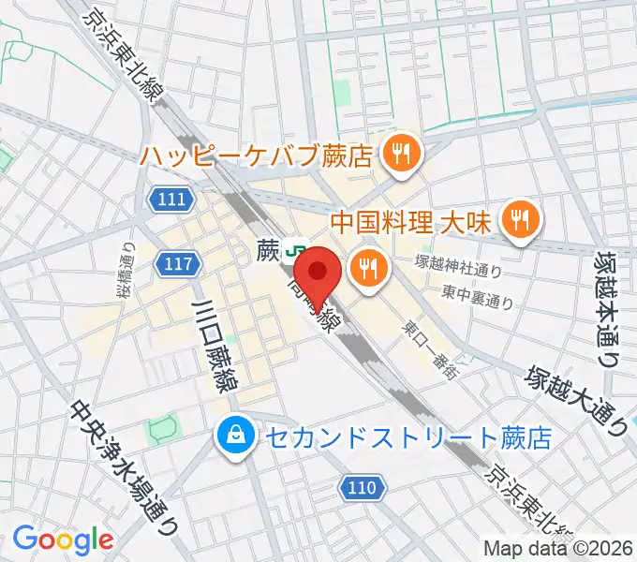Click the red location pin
click(x=322, y=274)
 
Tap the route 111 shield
click(x=172, y=199)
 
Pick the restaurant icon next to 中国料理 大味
click(x=518, y=220)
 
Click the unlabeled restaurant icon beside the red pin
click(x=367, y=270)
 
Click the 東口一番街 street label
click(x=431, y=349)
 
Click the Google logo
click(x=63, y=540)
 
